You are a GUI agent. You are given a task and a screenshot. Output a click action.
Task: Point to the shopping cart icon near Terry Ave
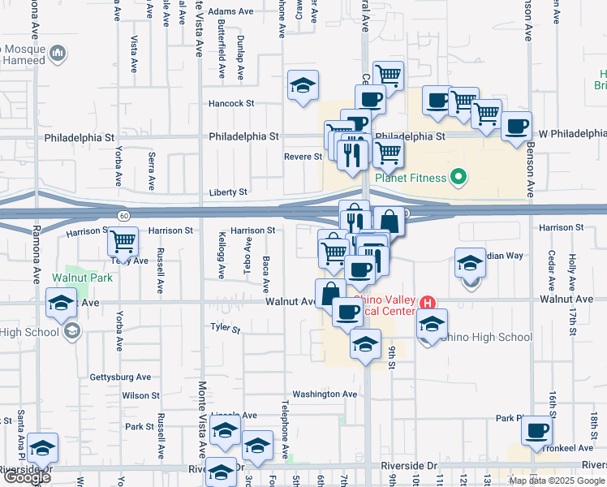click(123, 240)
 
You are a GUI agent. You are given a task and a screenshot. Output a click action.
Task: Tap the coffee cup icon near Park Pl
click(537, 430)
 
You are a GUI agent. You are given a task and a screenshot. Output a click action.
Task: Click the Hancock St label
click(231, 104)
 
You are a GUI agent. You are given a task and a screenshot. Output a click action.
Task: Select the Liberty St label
click(229, 192)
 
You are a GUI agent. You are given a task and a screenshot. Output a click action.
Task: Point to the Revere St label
click(303, 157)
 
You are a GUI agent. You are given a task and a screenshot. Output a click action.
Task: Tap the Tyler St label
click(226, 329)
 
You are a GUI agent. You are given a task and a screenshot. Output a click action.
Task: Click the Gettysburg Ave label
click(120, 377)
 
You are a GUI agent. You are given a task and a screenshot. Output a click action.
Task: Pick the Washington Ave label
click(325, 394)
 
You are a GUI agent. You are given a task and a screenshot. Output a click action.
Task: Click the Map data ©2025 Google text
click(556, 481)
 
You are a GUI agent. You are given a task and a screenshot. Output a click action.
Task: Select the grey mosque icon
click(58, 54)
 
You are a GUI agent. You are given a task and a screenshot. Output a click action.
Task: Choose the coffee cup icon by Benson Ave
click(516, 127)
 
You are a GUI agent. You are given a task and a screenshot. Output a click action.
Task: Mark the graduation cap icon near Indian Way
click(470, 264)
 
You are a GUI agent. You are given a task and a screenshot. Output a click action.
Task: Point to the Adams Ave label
click(231, 12)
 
